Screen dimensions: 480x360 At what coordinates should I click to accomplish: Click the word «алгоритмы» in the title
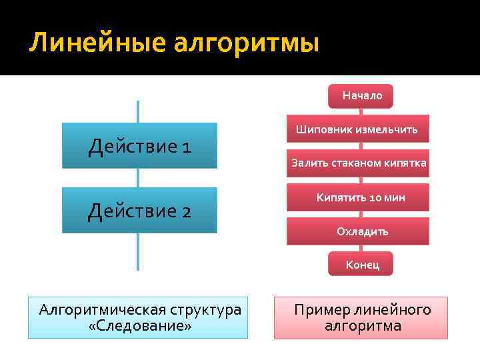coord(247,44)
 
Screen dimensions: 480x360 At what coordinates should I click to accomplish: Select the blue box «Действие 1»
coord(139,145)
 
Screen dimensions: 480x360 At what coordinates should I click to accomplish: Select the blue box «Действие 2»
coord(139,210)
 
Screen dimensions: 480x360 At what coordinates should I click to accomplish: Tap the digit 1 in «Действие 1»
coord(185,146)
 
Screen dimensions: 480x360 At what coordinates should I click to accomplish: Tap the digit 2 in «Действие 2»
coord(185,211)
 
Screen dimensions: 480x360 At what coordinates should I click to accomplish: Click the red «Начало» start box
coord(361,96)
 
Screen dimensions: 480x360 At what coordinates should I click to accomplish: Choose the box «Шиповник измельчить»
coord(357,129)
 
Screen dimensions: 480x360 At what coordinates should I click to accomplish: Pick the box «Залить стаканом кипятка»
coord(358,163)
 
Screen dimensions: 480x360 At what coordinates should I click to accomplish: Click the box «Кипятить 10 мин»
coord(360,197)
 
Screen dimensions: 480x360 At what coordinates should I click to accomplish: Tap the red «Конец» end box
coord(361,264)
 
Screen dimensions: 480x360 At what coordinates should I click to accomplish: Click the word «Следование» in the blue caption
coord(140,327)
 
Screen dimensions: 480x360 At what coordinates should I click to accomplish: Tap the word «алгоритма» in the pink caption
coord(363,327)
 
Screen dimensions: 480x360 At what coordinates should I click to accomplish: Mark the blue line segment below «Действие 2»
coord(138,251)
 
